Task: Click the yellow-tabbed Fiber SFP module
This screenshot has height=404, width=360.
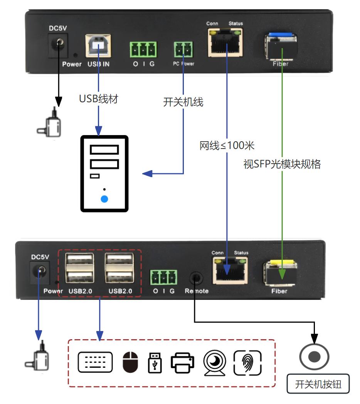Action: (x=279, y=274)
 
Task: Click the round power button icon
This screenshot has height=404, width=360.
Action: (x=314, y=356)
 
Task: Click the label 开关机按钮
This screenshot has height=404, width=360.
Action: (x=318, y=384)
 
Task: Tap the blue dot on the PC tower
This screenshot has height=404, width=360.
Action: (x=104, y=199)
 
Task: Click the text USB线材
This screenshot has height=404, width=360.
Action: (x=98, y=99)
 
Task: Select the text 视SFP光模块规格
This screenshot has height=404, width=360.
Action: (x=282, y=164)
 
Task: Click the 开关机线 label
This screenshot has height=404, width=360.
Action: (x=183, y=102)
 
